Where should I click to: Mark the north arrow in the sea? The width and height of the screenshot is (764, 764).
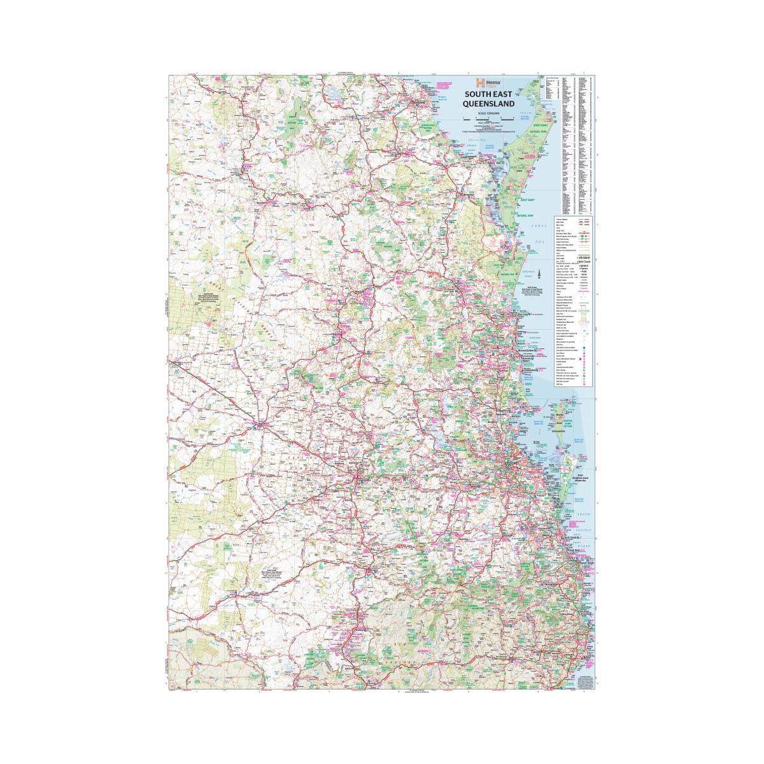(540, 275)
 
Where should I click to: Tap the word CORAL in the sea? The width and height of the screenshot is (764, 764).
(542, 224)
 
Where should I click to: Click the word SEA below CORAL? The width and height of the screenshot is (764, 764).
(545, 242)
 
